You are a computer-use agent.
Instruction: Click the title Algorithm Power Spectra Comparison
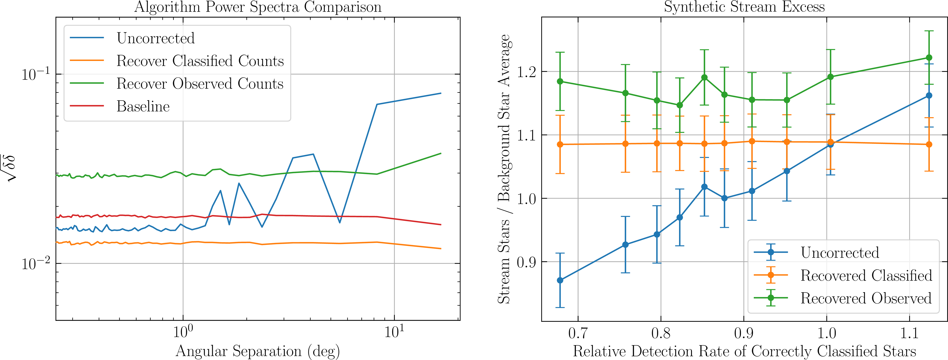[258, 7]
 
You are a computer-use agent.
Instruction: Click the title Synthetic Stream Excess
[744, 7]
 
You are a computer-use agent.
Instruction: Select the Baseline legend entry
[143, 106]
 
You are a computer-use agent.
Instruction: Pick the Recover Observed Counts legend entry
[200, 84]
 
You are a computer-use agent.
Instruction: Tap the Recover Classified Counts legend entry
[200, 61]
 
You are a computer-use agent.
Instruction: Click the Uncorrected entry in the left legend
[155, 38]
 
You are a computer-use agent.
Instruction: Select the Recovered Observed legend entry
[866, 298]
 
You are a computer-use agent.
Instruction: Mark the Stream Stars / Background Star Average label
[504, 169]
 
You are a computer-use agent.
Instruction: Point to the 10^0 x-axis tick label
[183, 332]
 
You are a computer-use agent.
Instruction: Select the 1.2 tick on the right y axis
[526, 71]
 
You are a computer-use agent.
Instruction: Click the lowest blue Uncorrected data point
[560, 280]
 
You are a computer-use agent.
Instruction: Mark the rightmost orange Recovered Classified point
[929, 144]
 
